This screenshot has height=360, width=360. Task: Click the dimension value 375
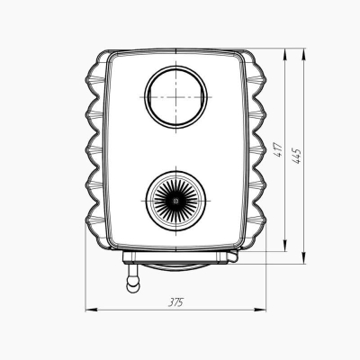coord(175,302)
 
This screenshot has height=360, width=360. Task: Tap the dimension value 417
coord(279,149)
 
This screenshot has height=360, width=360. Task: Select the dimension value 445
coord(297,156)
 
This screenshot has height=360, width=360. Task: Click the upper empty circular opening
coord(175,97)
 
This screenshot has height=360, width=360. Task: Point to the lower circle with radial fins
coord(175,201)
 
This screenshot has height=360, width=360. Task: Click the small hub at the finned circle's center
coord(175,201)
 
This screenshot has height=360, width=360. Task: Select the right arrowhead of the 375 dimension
coord(260,310)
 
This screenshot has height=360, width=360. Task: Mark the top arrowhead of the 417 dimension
coord(285,55)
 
